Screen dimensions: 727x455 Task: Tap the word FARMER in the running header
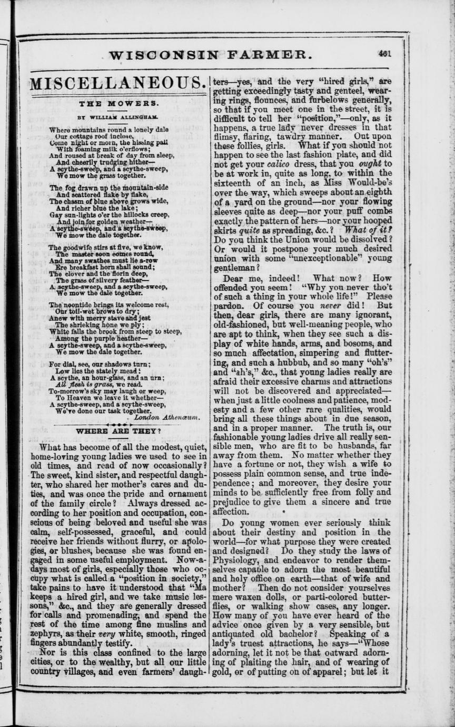[265, 54]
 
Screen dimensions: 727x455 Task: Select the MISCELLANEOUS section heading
[117, 83]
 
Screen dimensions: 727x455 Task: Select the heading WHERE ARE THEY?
[118, 431]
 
